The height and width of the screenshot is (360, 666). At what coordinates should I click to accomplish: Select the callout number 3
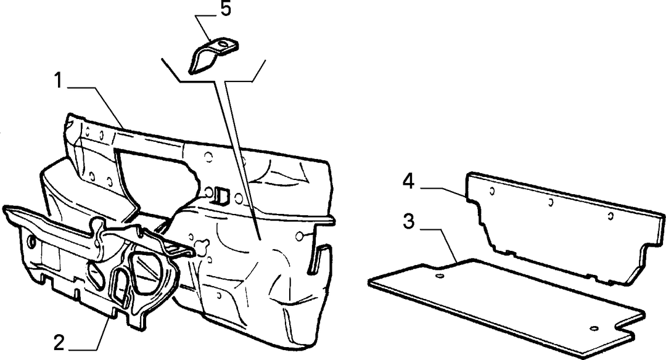click(x=408, y=221)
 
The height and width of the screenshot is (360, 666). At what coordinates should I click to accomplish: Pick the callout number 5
click(x=226, y=9)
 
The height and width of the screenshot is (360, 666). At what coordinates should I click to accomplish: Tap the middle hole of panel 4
click(x=550, y=202)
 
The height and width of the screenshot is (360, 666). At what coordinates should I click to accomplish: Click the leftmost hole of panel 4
click(x=492, y=190)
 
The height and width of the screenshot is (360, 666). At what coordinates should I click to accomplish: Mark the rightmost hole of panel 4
click(x=610, y=216)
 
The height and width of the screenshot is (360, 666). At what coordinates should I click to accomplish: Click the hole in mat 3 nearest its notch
click(x=594, y=328)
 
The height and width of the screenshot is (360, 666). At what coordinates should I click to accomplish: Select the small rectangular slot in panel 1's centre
click(x=223, y=194)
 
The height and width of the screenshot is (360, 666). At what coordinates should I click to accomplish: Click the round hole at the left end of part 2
click(x=31, y=242)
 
